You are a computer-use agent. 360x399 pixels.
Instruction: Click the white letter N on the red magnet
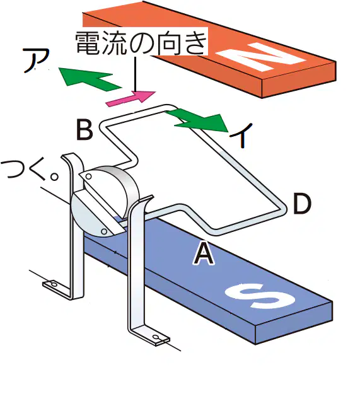[x=261, y=57]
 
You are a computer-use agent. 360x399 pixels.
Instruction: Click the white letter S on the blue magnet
[x=260, y=296]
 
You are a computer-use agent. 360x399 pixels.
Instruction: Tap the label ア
[x=36, y=61]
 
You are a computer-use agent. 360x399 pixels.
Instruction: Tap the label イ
[x=241, y=135]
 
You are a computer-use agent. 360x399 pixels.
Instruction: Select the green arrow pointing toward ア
[x=90, y=79]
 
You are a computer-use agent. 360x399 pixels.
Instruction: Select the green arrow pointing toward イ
[x=197, y=120]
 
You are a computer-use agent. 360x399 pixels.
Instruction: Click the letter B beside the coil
[x=84, y=130]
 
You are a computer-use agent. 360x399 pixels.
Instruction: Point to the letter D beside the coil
[x=302, y=204]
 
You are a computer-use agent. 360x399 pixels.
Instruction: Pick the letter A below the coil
[x=203, y=253]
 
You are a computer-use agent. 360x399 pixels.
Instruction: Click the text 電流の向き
[x=141, y=43]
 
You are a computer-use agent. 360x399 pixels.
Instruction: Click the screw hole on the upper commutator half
[x=89, y=176]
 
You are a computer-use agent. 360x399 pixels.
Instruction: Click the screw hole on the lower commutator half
[x=104, y=231]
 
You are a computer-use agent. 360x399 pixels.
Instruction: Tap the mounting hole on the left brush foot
[x=54, y=284]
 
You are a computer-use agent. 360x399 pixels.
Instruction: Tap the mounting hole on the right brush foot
[x=156, y=338]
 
